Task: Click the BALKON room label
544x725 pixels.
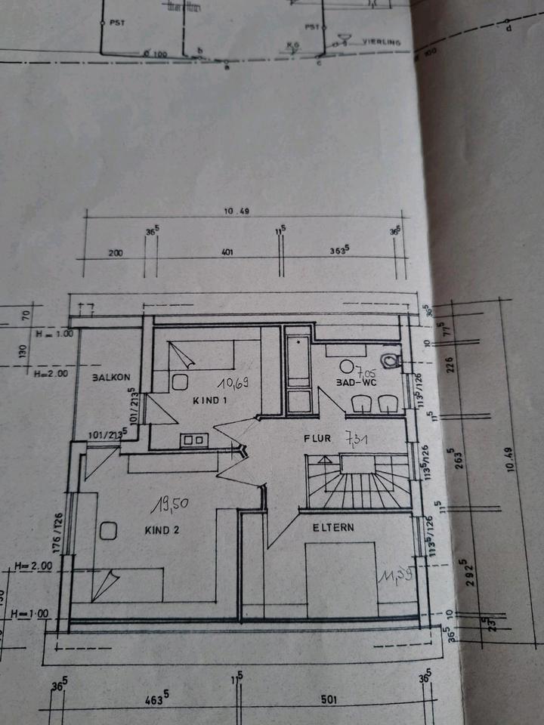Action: coord(112,377)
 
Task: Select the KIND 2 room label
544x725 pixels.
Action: coord(162,530)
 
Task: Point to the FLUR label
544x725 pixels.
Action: coord(318,438)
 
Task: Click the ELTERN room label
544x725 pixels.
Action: coord(333,528)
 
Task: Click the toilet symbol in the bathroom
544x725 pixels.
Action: coord(390,359)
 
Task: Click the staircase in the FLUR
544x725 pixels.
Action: coord(359,482)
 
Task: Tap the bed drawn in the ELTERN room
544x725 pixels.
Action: coord(340,578)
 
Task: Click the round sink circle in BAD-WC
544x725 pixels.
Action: coord(347,366)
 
